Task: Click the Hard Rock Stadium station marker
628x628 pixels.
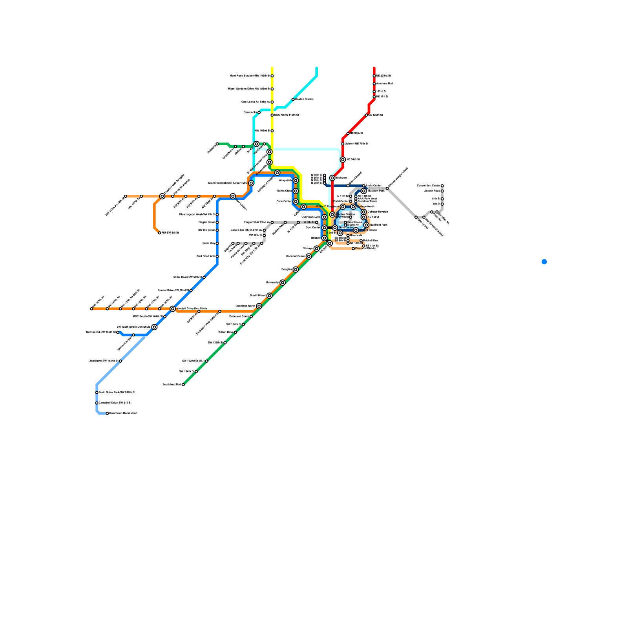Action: coord(272,76)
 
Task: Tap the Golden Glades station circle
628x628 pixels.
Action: coord(293,99)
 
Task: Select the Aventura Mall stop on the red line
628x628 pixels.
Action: coord(374,84)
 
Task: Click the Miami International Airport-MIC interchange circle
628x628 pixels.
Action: coord(251,183)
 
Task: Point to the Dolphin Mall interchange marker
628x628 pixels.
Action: coord(162,196)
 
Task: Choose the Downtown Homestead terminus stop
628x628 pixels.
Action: coord(107,413)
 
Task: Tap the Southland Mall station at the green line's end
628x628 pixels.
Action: coord(183,385)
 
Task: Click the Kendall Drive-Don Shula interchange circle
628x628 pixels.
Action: coord(173,309)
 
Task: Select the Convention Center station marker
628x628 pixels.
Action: coord(442,186)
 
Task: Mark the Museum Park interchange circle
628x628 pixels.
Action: coord(364,191)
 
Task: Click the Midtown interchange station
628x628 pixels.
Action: coord(332,178)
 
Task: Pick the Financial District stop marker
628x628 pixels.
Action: coord(353,248)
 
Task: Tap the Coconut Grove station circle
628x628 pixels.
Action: coord(309,256)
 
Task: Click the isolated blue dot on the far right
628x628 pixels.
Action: coord(544,262)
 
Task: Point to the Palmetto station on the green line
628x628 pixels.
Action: coord(217,144)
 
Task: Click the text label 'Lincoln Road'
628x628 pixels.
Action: coord(432,191)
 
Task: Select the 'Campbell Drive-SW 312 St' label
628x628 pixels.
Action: coord(115,403)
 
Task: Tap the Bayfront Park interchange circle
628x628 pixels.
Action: coord(366,225)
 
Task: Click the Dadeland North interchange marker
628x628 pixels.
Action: coord(259,306)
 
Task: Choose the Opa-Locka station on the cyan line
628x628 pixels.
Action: coord(259,113)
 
